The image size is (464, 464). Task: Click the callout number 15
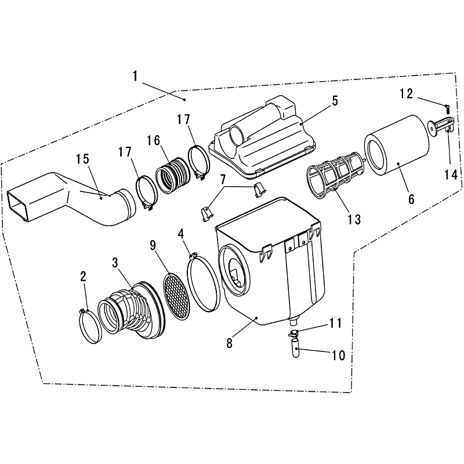tap(82, 159)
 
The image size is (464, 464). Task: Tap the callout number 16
tap(153, 141)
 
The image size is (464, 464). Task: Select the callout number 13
tap(354, 220)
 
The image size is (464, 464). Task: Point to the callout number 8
tap(229, 343)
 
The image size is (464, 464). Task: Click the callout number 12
tap(407, 93)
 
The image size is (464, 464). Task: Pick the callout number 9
tap(153, 245)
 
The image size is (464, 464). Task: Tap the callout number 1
tap(135, 76)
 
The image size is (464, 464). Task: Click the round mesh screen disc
tap(177, 296)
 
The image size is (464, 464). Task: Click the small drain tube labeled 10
tap(296, 349)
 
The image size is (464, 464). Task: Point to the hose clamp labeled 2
tap(90, 325)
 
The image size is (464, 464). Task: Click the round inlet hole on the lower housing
tap(234, 268)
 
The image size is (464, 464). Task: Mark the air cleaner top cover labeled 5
tap(262, 137)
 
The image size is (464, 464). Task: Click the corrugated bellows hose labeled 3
tap(132, 310)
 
